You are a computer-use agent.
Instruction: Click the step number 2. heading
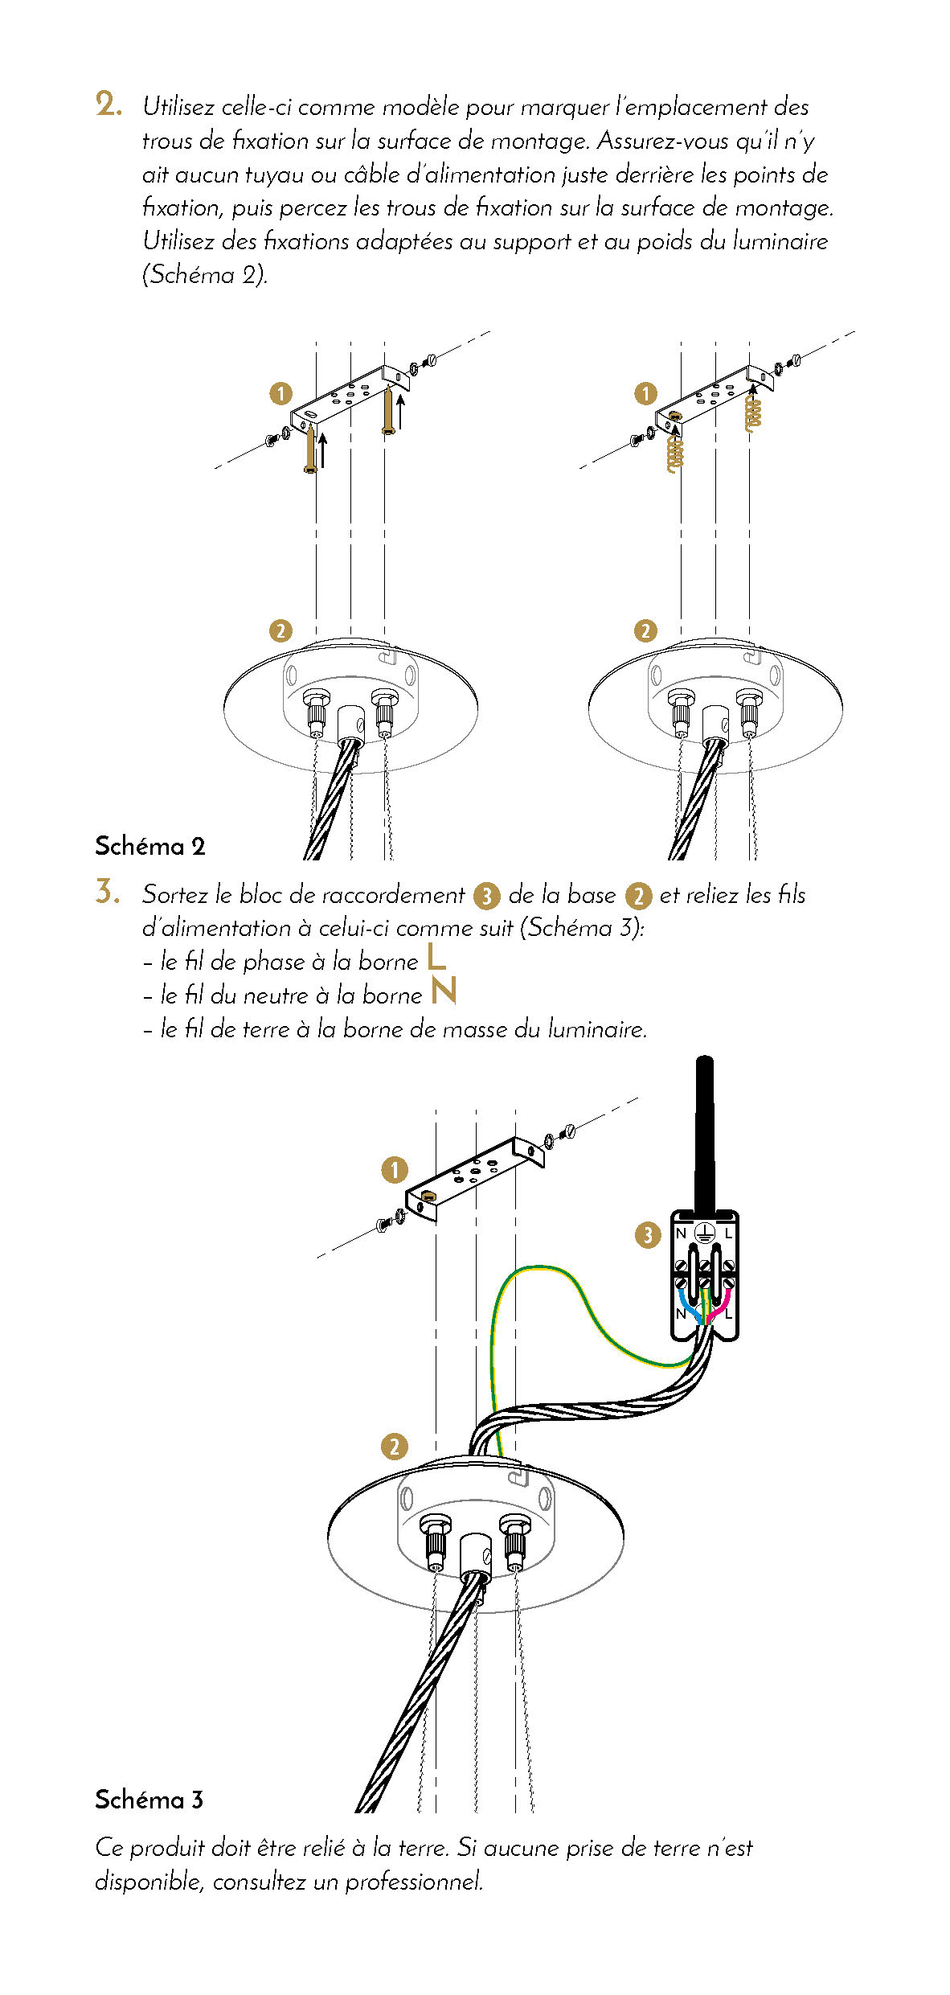click(109, 105)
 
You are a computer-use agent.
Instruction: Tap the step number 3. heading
click(108, 893)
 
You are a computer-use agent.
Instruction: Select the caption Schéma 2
click(150, 846)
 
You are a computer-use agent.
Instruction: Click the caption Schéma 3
click(149, 1799)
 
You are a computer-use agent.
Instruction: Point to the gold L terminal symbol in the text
click(436, 957)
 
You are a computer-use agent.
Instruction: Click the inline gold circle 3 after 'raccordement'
click(486, 896)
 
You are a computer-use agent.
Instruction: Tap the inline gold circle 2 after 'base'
click(638, 896)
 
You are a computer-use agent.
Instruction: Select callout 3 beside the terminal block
click(648, 1235)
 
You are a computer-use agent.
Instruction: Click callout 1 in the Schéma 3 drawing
click(394, 1170)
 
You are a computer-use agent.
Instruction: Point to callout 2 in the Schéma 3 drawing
click(394, 1447)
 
